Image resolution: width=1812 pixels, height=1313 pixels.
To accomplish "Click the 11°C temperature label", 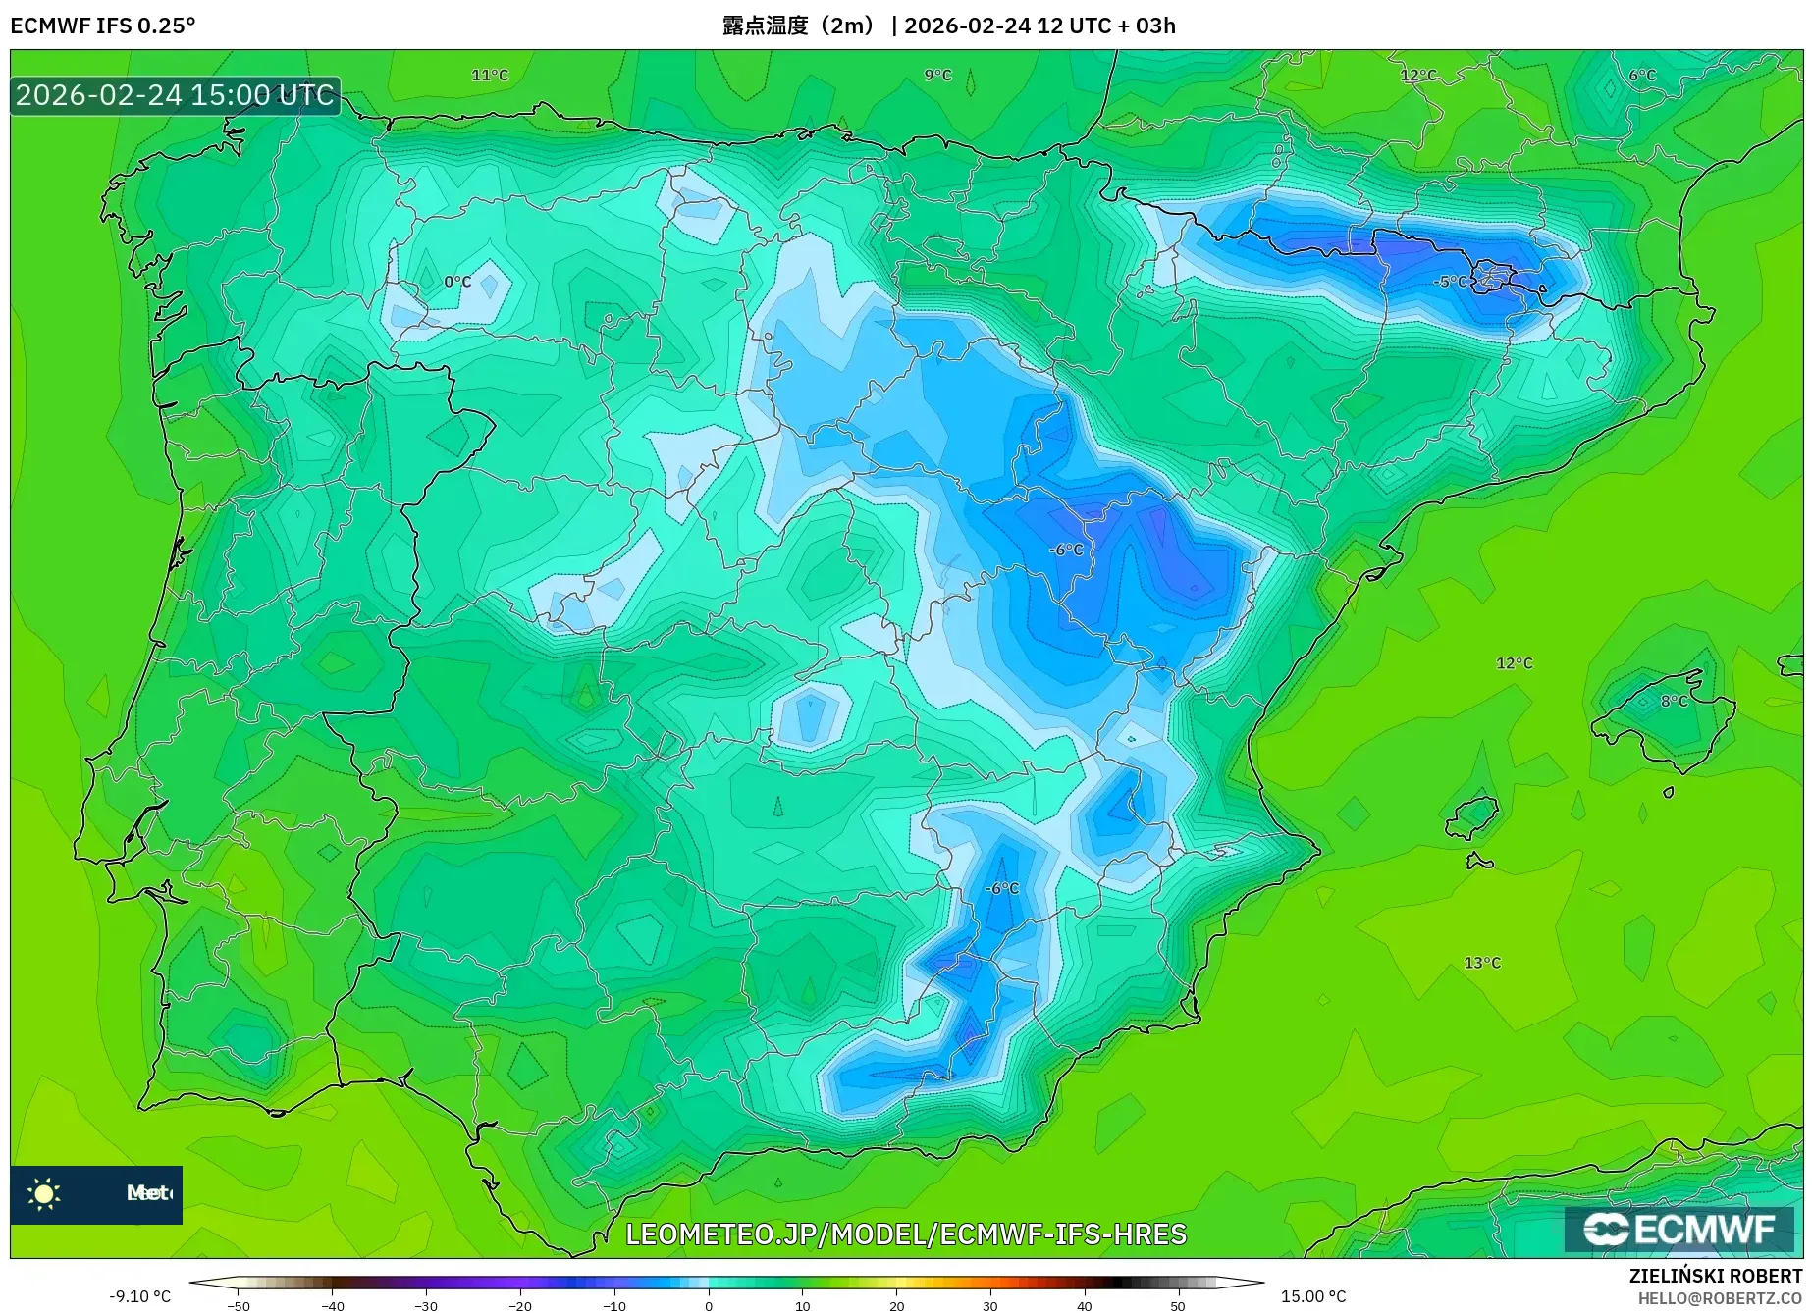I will [x=490, y=76].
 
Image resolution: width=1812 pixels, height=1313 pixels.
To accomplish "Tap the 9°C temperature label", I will [x=937, y=76].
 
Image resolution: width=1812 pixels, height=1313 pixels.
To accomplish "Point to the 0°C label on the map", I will [x=457, y=282].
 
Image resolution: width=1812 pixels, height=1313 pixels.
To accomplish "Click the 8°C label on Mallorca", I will [x=1674, y=702].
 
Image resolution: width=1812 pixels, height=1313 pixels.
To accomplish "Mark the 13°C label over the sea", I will [x=1482, y=963].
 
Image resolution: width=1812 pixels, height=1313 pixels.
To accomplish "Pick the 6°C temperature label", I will [x=1641, y=76].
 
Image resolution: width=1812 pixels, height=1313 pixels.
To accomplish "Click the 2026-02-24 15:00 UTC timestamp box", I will [x=175, y=95].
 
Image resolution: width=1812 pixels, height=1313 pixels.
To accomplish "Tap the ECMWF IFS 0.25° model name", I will [x=103, y=26].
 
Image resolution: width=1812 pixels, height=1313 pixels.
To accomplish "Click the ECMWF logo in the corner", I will [x=1679, y=1229].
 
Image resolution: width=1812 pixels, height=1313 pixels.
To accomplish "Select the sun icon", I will [x=44, y=1193].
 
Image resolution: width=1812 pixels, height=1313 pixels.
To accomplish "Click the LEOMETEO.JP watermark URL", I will [x=905, y=1234].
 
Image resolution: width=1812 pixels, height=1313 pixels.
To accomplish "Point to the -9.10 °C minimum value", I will [x=139, y=1296].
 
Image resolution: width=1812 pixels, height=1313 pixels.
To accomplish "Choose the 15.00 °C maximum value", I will [x=1313, y=1296].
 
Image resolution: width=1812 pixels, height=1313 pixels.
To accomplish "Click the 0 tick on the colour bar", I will [x=709, y=1305].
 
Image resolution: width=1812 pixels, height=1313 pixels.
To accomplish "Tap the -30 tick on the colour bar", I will [x=426, y=1305].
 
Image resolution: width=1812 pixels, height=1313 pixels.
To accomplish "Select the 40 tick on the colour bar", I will [x=1085, y=1305].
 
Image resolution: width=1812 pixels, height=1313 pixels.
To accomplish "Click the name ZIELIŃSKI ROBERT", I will [x=1716, y=1276].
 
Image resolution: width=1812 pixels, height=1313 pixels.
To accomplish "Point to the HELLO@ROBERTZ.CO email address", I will [x=1720, y=1298].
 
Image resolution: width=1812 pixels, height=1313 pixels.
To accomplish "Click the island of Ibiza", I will [x=1472, y=817].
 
